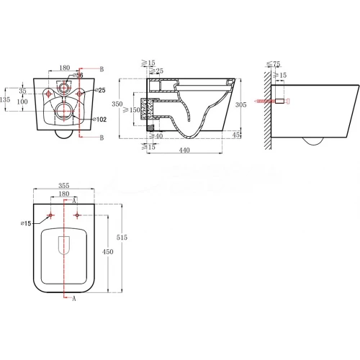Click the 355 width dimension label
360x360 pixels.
(x=64, y=185)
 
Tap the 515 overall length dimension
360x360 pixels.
(x=122, y=238)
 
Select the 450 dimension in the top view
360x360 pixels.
(x=108, y=251)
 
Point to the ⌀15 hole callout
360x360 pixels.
(x=26, y=223)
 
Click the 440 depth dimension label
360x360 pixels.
(x=184, y=150)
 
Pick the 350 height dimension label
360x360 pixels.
(x=117, y=104)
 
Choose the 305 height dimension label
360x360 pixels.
(x=240, y=104)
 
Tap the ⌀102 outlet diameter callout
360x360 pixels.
(x=99, y=120)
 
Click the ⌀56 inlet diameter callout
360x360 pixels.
(x=78, y=76)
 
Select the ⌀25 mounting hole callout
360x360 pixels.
(x=100, y=90)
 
